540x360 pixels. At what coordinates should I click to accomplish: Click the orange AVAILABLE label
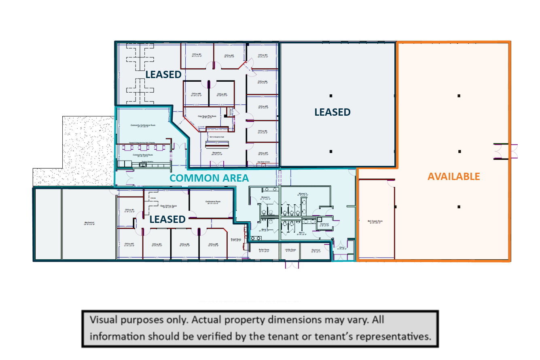tap(454, 176)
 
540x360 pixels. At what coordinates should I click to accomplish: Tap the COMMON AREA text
tap(209, 178)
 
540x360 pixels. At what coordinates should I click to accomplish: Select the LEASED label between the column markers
tap(332, 112)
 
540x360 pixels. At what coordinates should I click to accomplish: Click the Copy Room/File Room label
tap(207, 116)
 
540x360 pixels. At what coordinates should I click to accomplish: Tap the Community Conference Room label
tap(142, 125)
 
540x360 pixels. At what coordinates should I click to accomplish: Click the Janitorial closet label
tap(324, 224)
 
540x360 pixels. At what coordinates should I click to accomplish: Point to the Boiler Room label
tap(264, 250)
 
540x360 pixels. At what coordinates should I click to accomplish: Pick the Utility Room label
tap(291, 250)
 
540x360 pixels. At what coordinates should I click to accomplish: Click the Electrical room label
tap(316, 250)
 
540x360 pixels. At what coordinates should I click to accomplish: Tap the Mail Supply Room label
tap(375, 221)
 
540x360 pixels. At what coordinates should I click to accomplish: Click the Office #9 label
tap(222, 94)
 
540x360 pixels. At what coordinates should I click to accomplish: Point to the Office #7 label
tap(263, 153)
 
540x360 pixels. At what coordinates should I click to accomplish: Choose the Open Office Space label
tap(169, 206)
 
